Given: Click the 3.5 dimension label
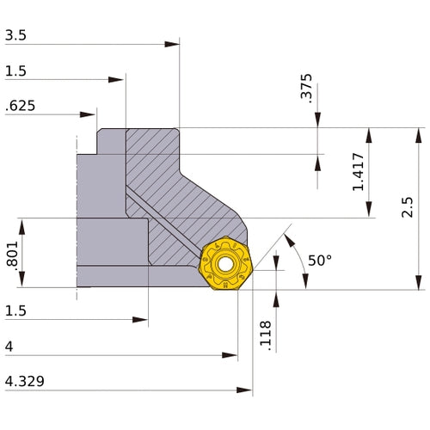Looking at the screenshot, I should tap(15, 35).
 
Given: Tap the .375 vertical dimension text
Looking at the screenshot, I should tap(306, 89).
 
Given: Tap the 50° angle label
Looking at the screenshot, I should tap(320, 260).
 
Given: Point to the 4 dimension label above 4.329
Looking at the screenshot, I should tap(9, 347).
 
